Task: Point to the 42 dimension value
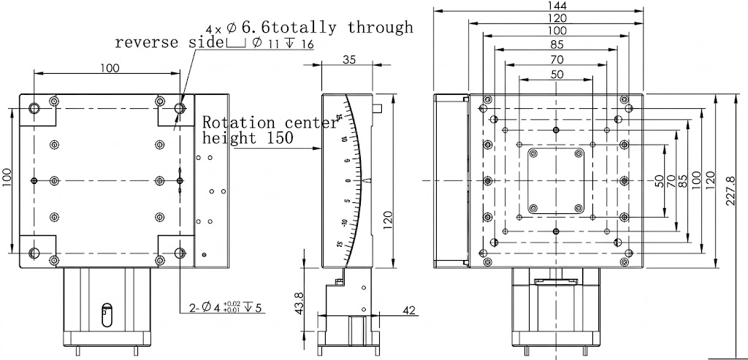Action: [x=408, y=310]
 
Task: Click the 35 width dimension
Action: [x=349, y=61]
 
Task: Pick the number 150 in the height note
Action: [x=279, y=137]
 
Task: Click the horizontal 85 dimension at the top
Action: [x=557, y=44]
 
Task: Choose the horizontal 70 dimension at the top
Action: [x=557, y=58]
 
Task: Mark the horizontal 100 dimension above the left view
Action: [x=110, y=68]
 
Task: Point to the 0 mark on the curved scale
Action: [x=347, y=180]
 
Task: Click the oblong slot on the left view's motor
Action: [x=107, y=315]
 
